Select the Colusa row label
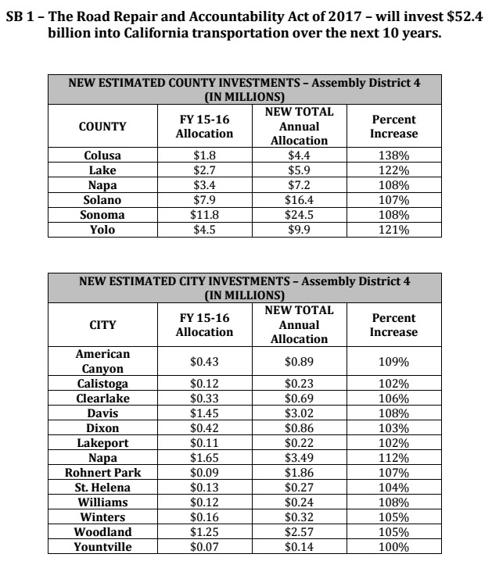pyautogui.click(x=102, y=155)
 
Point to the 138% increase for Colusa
pyautogui.click(x=393, y=155)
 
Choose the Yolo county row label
pyautogui.click(x=102, y=230)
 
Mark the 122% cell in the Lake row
pyautogui.click(x=393, y=170)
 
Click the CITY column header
pyautogui.click(x=102, y=324)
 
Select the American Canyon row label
pyautogui.click(x=102, y=361)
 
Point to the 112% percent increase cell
pyautogui.click(x=393, y=459)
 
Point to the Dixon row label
pyautogui.click(x=102, y=428)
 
